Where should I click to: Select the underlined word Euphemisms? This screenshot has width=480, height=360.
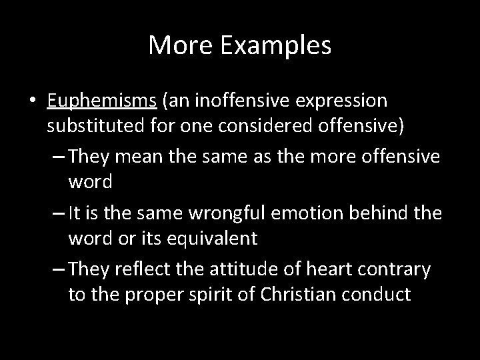102,101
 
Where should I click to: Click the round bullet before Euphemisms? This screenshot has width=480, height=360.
33,101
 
